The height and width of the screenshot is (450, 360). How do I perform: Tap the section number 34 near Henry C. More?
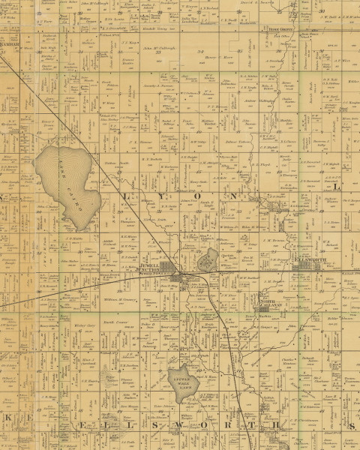[201, 50]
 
